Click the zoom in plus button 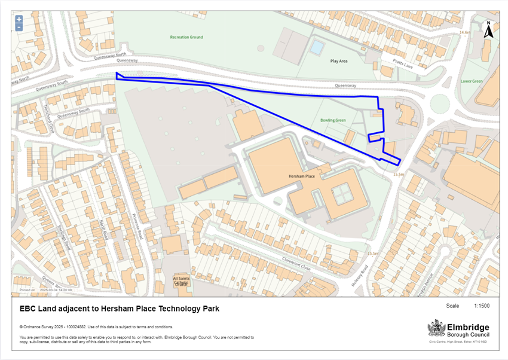(19, 19)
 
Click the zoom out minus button (19, 27)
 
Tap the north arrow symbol (488, 30)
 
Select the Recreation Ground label (186, 37)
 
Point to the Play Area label (339, 61)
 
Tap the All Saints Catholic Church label (181, 281)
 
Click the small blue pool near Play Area (317, 46)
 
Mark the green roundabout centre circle (440, 103)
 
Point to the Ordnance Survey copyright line (96, 327)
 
